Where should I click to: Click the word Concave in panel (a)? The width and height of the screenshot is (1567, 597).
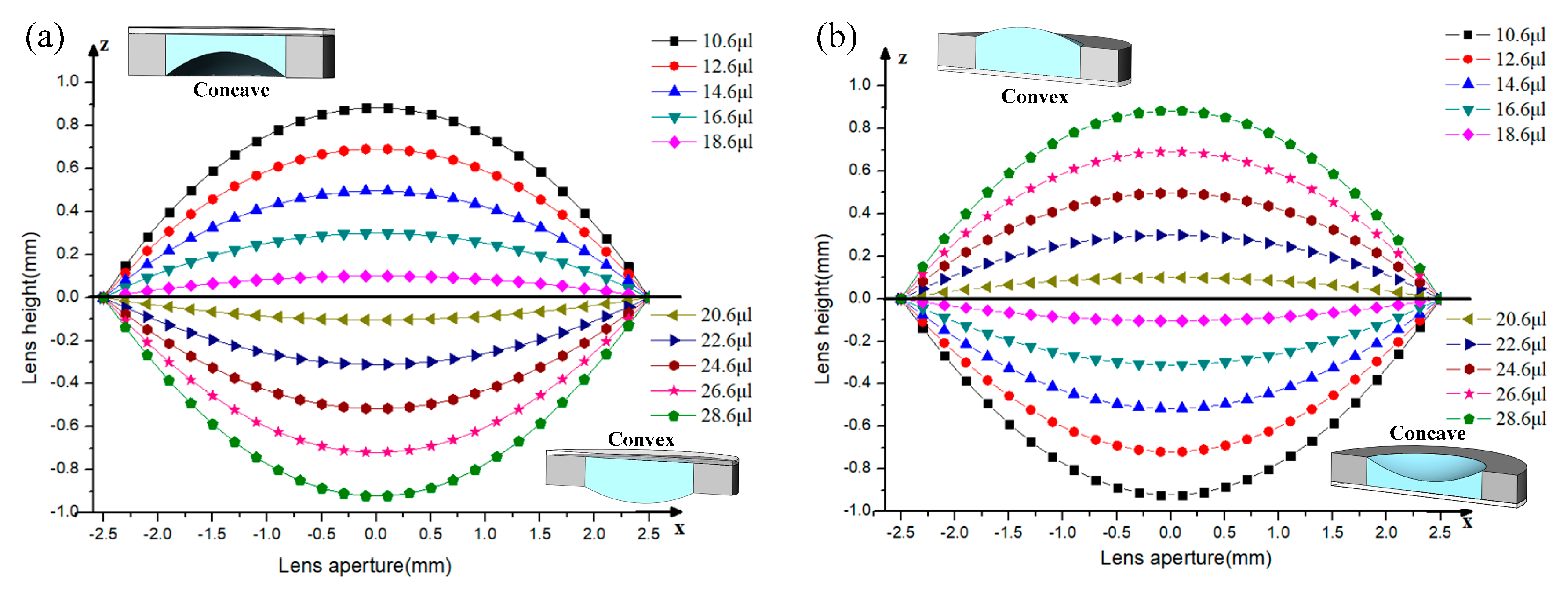tap(231, 90)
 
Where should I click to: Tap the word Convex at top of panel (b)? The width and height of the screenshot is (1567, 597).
tap(1034, 97)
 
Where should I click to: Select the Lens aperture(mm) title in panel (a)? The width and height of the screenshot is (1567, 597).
tap(365, 565)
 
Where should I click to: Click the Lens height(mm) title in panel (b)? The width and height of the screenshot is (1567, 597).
tap(823, 309)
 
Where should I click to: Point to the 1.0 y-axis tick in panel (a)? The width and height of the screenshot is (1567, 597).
tap(68, 81)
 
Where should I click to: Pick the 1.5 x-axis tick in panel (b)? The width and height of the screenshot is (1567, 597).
tap(1332, 532)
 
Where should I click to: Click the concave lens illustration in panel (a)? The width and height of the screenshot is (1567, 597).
tap(231, 54)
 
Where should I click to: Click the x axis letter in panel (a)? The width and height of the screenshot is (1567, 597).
tap(679, 528)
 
